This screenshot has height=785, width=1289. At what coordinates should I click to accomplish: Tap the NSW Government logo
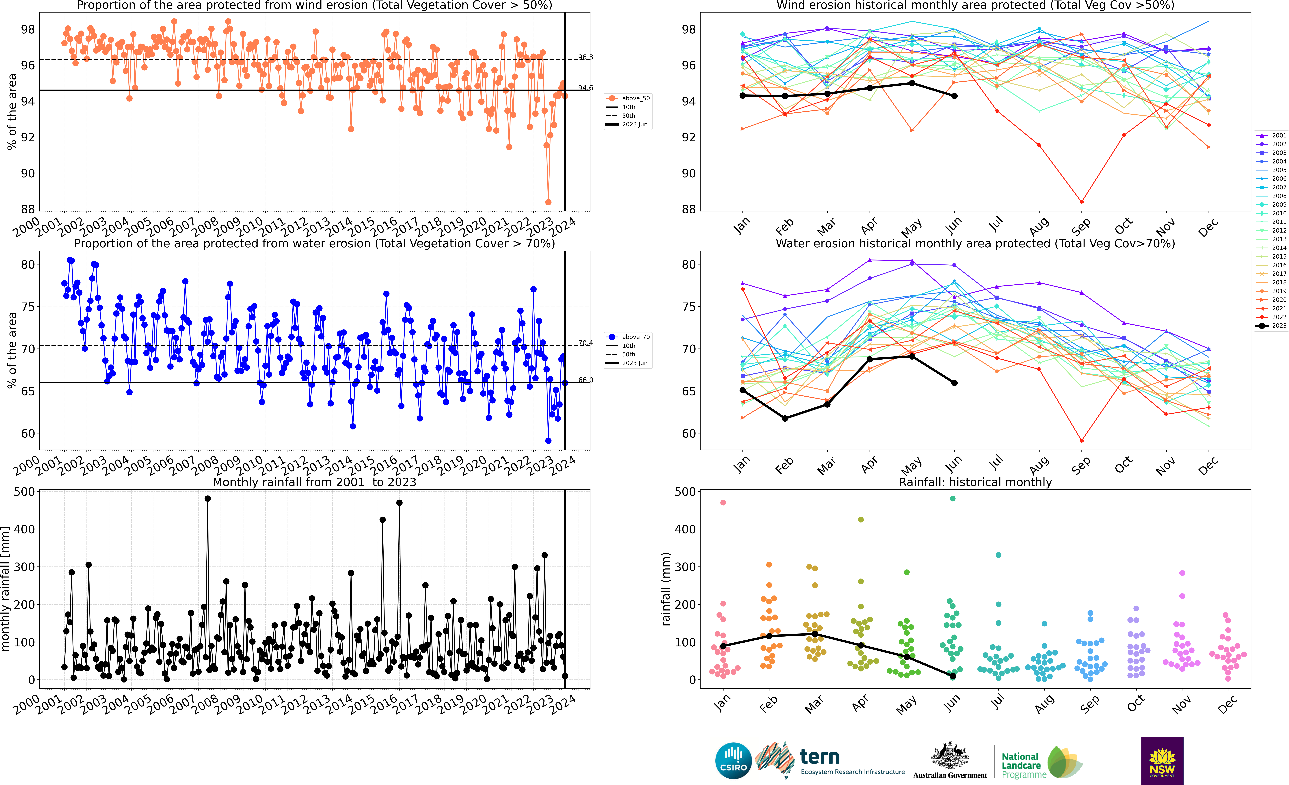(x=1162, y=760)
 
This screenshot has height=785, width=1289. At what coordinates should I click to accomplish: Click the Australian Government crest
(x=949, y=756)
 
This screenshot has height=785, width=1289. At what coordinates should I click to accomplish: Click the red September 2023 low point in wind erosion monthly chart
(x=1081, y=202)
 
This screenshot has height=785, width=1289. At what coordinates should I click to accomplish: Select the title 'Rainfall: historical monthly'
(x=975, y=482)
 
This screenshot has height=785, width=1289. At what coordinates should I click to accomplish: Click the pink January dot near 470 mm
(x=723, y=502)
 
